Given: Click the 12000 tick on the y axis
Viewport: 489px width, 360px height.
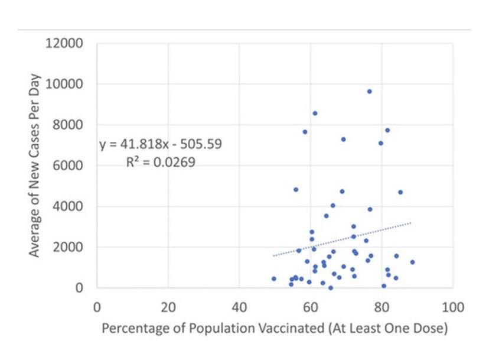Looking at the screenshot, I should pyautogui.click(x=67, y=43).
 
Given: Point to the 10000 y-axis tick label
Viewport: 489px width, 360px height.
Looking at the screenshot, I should pyautogui.click(x=67, y=84).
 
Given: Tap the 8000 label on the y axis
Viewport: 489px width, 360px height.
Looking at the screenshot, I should pyautogui.click(x=70, y=125).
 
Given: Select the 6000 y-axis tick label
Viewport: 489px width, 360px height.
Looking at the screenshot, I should pyautogui.click(x=70, y=166).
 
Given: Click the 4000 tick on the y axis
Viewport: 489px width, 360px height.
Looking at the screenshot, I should pyautogui.click(x=70, y=206).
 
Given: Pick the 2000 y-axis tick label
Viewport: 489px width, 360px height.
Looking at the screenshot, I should pyautogui.click(x=70, y=247).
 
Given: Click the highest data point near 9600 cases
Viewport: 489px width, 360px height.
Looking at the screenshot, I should pyautogui.click(x=369, y=91).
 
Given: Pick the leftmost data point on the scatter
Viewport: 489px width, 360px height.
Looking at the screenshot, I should pyautogui.click(x=273, y=278).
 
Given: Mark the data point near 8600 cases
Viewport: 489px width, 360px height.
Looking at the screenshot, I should pyautogui.click(x=315, y=113).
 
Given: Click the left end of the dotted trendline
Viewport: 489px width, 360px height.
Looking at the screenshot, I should pyautogui.click(x=274, y=255).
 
